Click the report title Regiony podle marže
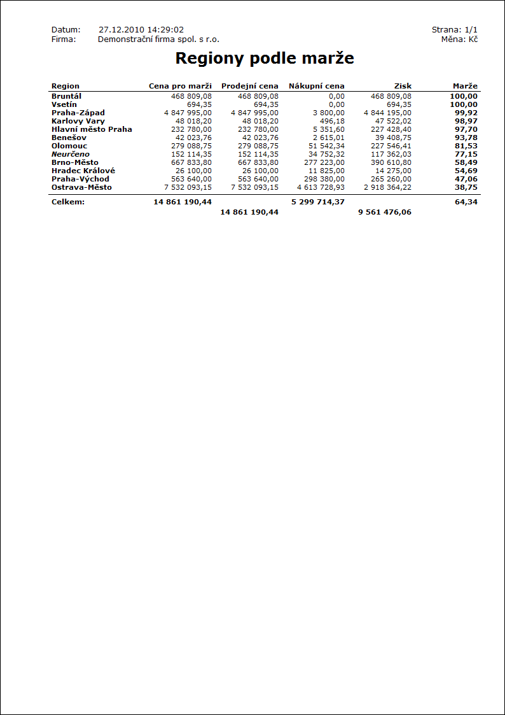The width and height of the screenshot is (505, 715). pyautogui.click(x=264, y=59)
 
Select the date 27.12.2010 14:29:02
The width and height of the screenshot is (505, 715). pyautogui.click(x=141, y=30)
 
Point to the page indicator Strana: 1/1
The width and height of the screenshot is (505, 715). pyautogui.click(x=454, y=30)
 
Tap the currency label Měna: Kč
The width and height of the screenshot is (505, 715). pyautogui.click(x=459, y=39)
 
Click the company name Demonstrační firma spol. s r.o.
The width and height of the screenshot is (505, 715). pyautogui.click(x=158, y=39)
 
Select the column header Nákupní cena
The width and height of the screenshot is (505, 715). pyautogui.click(x=316, y=86)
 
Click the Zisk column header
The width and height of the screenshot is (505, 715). pyautogui.click(x=403, y=86)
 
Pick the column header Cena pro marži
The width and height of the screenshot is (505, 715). pyautogui.click(x=180, y=86)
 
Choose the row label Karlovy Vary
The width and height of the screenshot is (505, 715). pyautogui.click(x=78, y=121)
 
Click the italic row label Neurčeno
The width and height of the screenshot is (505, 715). pyautogui.click(x=71, y=154)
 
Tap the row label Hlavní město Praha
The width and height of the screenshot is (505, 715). pyautogui.click(x=92, y=129)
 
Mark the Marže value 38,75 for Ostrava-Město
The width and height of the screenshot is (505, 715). pyautogui.click(x=466, y=187)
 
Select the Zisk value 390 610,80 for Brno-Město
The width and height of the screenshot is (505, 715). pyautogui.click(x=391, y=162)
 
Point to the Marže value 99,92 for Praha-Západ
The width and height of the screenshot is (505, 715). pyautogui.click(x=466, y=113)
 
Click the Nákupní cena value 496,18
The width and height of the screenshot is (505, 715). pyautogui.click(x=332, y=121)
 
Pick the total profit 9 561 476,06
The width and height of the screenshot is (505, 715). pyautogui.click(x=384, y=212)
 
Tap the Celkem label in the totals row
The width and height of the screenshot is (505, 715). pyautogui.click(x=68, y=202)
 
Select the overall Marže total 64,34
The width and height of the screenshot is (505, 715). pyautogui.click(x=466, y=202)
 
